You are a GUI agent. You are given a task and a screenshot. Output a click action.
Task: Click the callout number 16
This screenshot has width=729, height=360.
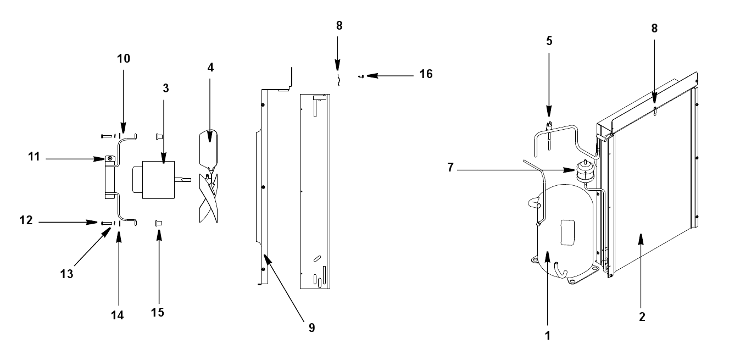tap(426, 74)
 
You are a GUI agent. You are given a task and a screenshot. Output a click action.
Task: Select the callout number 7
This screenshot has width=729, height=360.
tap(450, 167)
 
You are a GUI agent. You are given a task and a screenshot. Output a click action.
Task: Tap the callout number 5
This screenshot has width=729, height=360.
tap(549, 41)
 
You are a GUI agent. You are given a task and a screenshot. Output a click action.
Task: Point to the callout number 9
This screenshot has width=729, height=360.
tap(312, 328)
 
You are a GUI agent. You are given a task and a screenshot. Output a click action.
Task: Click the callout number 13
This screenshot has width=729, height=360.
tap(66, 274)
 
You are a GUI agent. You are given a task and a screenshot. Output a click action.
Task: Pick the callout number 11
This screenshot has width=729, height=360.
tap(34, 157)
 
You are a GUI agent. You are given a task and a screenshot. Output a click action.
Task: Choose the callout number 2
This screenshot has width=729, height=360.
tap(642, 317)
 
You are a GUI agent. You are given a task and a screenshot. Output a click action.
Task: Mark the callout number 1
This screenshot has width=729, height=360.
tap(548, 336)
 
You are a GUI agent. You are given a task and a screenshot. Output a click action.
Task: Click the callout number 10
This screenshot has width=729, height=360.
tap(124, 59)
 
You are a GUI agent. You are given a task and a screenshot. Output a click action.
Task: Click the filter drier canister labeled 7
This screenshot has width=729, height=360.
tap(585, 171)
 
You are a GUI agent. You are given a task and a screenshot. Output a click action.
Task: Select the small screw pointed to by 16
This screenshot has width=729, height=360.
tap(361, 76)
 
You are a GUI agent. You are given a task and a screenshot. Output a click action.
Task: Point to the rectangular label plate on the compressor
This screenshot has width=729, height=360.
tap(567, 232)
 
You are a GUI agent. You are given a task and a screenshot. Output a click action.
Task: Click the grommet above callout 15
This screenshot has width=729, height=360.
tap(159, 223)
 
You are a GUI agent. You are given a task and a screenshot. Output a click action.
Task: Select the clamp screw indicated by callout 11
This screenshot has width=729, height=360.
tap(110, 159)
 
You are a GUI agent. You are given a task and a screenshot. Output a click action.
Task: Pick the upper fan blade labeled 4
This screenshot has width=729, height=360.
tap(208, 149)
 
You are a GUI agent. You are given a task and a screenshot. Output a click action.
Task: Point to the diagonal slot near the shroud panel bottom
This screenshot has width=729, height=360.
tap(317, 259)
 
